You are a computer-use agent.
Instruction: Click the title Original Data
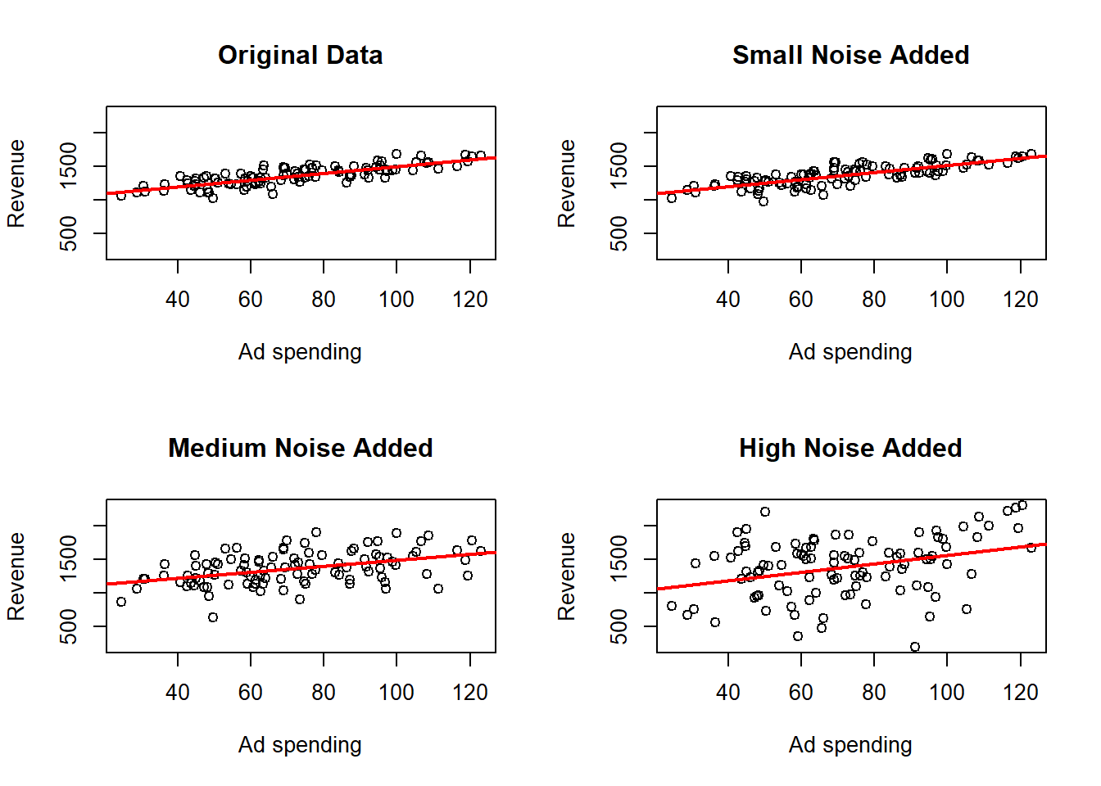(300, 55)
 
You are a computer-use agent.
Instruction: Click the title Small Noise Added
(850, 55)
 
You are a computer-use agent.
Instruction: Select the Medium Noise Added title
(300, 448)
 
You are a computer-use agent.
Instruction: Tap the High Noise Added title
(850, 448)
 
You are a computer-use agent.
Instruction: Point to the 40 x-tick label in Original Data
(178, 300)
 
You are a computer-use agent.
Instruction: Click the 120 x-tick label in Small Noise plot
(1020, 300)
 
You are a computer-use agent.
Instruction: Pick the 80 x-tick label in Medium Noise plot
(324, 693)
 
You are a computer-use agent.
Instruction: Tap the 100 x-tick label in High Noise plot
(946, 693)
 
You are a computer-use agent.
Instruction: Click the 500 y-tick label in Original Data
(69, 233)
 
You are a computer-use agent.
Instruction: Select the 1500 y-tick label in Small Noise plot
(619, 166)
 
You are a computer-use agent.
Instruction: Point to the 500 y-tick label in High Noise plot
(619, 626)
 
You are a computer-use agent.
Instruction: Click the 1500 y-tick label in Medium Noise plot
(69, 559)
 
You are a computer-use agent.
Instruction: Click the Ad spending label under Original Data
(300, 352)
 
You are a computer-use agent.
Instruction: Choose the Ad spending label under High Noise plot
(850, 745)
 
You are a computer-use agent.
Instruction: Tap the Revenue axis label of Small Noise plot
(566, 183)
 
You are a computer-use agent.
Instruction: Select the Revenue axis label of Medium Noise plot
(16, 576)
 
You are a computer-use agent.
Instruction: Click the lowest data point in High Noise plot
(915, 647)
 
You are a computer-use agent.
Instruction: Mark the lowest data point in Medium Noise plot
(213, 617)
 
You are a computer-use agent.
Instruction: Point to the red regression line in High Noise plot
(852, 567)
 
